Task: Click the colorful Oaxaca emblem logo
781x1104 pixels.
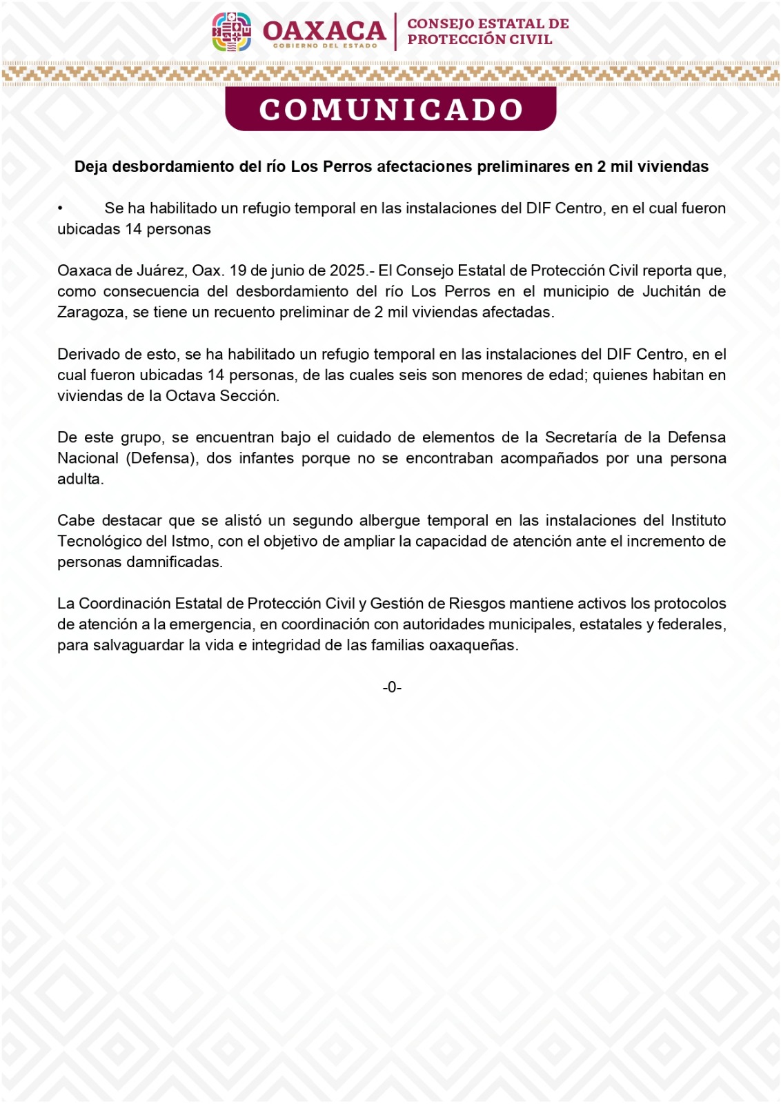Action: click(x=231, y=32)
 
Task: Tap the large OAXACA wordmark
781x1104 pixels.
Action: click(x=324, y=30)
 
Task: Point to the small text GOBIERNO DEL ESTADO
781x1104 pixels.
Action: click(x=325, y=46)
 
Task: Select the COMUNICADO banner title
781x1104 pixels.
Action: click(x=390, y=110)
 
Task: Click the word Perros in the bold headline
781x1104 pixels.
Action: click(x=348, y=167)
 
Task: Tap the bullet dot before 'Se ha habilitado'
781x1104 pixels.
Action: click(x=61, y=208)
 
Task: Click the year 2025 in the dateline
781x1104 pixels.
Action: click(x=348, y=270)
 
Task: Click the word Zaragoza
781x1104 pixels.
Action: click(x=92, y=313)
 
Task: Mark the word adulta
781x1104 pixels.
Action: click(x=80, y=479)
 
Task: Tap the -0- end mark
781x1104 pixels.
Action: click(x=392, y=687)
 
